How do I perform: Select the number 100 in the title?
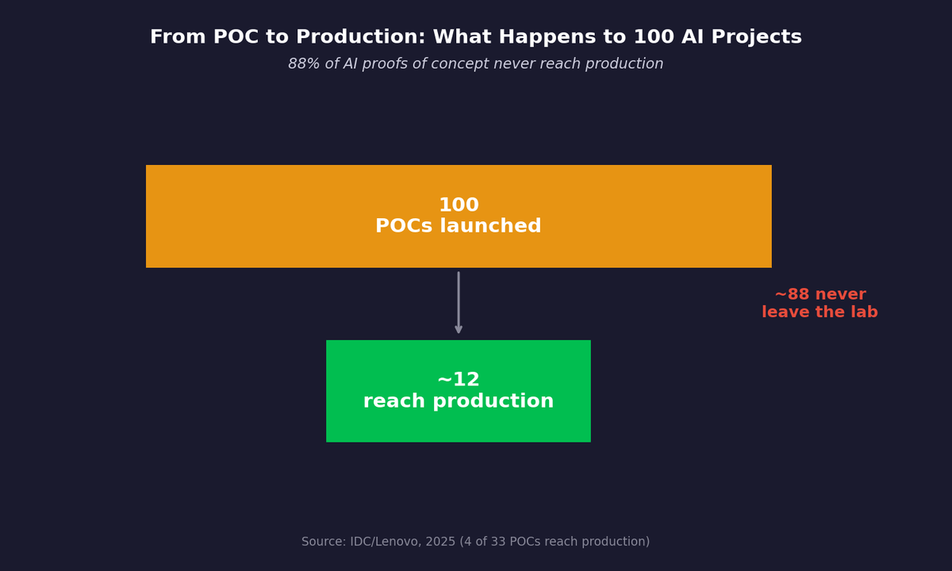653,38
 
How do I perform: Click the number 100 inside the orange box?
459,205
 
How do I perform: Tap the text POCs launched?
459,227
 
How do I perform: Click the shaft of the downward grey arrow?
459,297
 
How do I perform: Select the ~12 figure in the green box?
459,381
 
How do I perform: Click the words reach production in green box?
459,402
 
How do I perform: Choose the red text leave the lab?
820,313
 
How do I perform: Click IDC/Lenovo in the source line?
387,542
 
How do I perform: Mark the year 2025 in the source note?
442,542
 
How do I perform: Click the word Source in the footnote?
322,542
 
